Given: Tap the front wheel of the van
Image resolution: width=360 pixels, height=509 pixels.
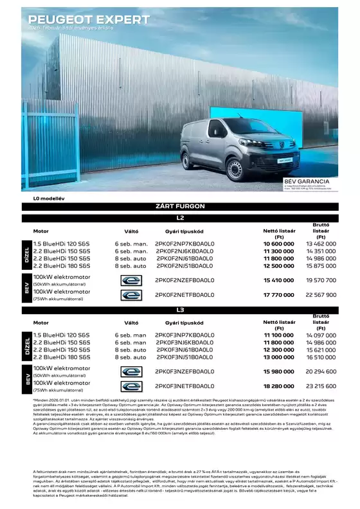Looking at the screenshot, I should pyautogui.click(x=234, y=170).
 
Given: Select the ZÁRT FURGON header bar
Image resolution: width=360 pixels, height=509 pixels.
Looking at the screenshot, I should pyautogui.click(x=180, y=206).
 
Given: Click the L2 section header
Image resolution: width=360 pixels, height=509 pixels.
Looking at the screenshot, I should pyautogui.click(x=180, y=218).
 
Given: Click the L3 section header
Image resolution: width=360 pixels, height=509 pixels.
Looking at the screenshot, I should pyautogui.click(x=180, y=310).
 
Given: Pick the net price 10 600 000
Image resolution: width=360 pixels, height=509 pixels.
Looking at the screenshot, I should pyautogui.click(x=278, y=244).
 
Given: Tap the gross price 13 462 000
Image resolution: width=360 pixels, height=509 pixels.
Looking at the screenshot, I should pyautogui.click(x=321, y=244).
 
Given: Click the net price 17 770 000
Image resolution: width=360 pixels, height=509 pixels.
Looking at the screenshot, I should pyautogui.click(x=278, y=295).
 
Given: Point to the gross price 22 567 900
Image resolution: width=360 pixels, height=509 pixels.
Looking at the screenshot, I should pyautogui.click(x=321, y=295).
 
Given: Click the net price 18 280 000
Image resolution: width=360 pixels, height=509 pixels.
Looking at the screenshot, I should pyautogui.click(x=278, y=387).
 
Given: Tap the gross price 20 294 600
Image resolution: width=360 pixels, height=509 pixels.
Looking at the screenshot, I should pyautogui.click(x=321, y=371).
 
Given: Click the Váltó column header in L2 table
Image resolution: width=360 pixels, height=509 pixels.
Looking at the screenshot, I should pyautogui.click(x=131, y=231).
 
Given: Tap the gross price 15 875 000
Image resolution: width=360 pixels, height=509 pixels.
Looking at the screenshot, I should pyautogui.click(x=321, y=265).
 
